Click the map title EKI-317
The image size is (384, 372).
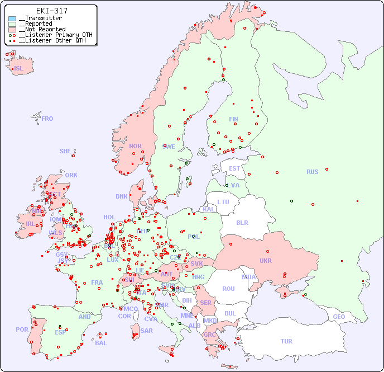pyautogui.click(x=52, y=11)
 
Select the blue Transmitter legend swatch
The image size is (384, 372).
pyautogui.click(x=12, y=18)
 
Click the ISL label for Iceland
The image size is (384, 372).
pyautogui.click(x=19, y=69)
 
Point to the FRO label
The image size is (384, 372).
pyautogui.click(x=47, y=119)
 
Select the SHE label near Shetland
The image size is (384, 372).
pyautogui.click(x=65, y=151)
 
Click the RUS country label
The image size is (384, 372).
pyautogui.click(x=312, y=172)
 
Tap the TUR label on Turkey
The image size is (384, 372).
pyautogui.click(x=286, y=341)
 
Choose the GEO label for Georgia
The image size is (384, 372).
pyautogui.click(x=339, y=317)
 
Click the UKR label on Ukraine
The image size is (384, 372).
pyautogui.click(x=266, y=261)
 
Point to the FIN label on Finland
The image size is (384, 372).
pyautogui.click(x=233, y=119)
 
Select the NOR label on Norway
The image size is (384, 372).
pyautogui.click(x=135, y=146)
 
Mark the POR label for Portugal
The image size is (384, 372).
pyautogui.click(x=22, y=329)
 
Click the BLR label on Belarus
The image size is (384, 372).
pyautogui.click(x=242, y=222)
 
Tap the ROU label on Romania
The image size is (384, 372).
pyautogui.click(x=228, y=289)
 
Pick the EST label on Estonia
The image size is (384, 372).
pyautogui.click(x=234, y=168)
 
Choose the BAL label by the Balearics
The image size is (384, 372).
pyautogui.click(x=101, y=343)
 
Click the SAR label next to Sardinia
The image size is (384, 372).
pyautogui.click(x=147, y=331)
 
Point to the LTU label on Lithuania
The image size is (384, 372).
pyautogui.click(x=223, y=202)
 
